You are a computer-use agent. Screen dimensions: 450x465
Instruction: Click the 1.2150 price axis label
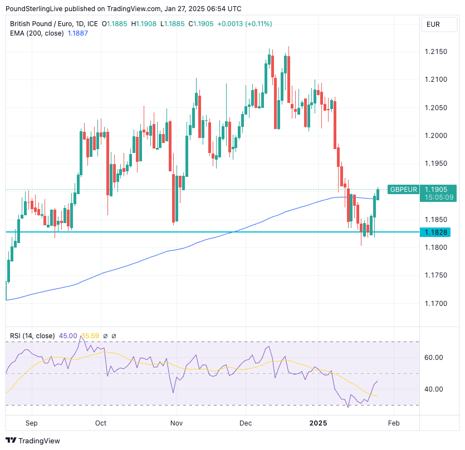click(436, 52)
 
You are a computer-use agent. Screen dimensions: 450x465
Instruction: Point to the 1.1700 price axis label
click(436, 304)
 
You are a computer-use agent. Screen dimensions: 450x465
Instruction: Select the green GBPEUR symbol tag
click(403, 189)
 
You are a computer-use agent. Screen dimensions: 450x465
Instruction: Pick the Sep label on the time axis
click(31, 423)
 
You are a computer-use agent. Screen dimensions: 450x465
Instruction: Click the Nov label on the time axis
click(177, 423)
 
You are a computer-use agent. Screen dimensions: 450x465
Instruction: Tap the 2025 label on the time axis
click(318, 423)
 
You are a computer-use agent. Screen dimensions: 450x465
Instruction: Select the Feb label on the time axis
click(393, 423)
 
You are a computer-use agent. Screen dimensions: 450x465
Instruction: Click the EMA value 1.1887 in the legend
click(77, 33)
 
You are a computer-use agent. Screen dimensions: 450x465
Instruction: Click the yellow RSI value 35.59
click(90, 336)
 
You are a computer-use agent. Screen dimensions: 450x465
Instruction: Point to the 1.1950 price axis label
click(436, 164)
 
